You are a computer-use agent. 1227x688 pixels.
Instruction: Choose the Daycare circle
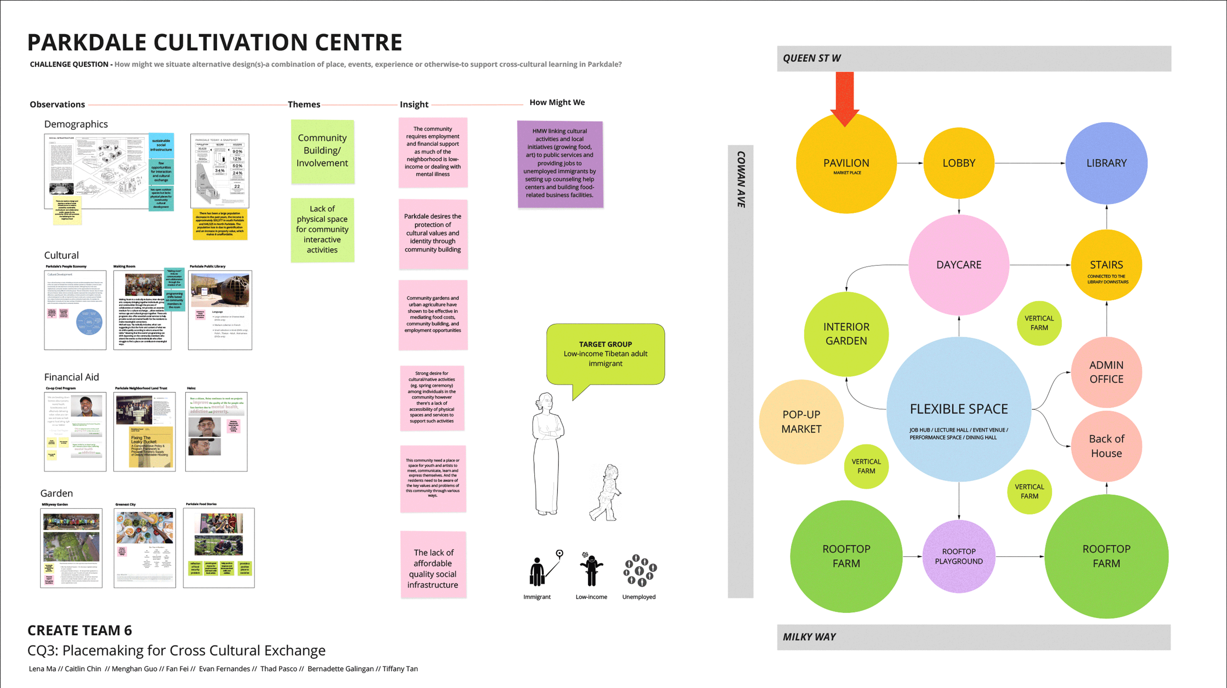(x=958, y=265)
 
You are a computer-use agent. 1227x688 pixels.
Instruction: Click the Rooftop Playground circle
(x=958, y=557)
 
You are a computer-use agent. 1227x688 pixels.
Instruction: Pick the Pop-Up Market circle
(x=801, y=422)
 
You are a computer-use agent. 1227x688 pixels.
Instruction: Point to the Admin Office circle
(x=1106, y=372)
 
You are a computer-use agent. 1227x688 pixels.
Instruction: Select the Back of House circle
(x=1106, y=446)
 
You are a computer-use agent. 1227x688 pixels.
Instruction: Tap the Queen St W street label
(x=811, y=58)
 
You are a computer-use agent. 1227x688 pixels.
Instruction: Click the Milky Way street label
(x=809, y=637)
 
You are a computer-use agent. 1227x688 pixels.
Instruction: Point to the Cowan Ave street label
(x=741, y=179)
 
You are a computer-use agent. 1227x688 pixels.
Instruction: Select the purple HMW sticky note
(x=560, y=164)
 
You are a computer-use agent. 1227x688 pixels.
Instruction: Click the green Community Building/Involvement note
(x=322, y=151)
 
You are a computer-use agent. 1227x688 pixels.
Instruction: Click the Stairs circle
(x=1106, y=265)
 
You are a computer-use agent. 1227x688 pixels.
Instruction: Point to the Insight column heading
(x=414, y=104)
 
